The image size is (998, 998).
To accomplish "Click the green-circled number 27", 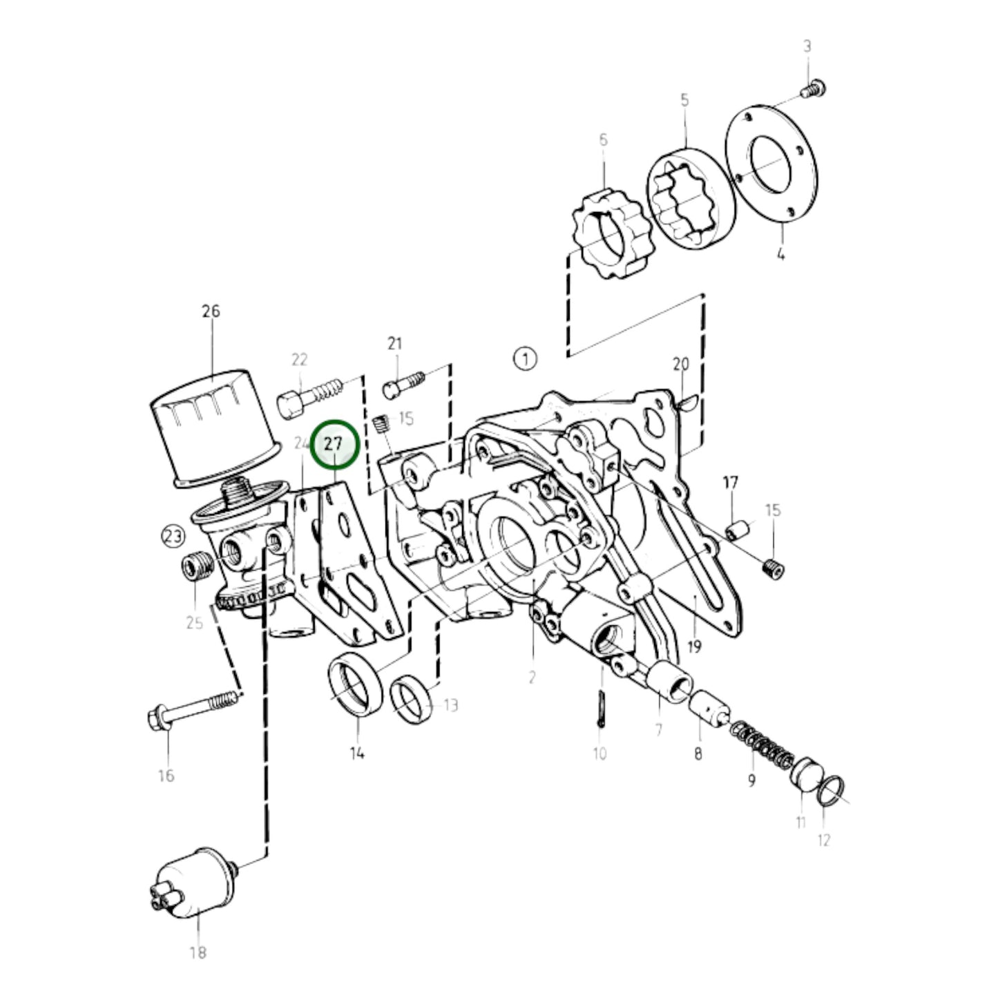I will pos(334,444).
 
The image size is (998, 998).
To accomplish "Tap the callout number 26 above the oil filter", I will pos(211,311).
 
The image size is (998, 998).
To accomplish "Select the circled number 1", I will pos(525,358).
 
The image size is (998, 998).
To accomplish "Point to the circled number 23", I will pos(173,535).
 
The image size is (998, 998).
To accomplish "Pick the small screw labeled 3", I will pos(815,89).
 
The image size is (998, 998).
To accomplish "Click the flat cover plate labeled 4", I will pos(771,166).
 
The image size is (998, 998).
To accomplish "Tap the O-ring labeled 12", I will pos(828,791).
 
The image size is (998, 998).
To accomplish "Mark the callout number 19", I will pos(694,646).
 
